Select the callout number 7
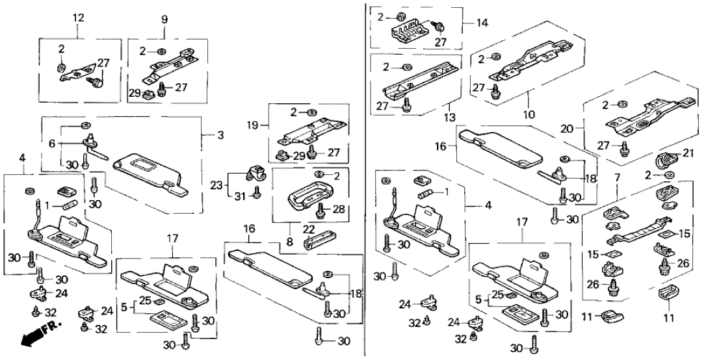617,177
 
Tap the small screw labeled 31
256,192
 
